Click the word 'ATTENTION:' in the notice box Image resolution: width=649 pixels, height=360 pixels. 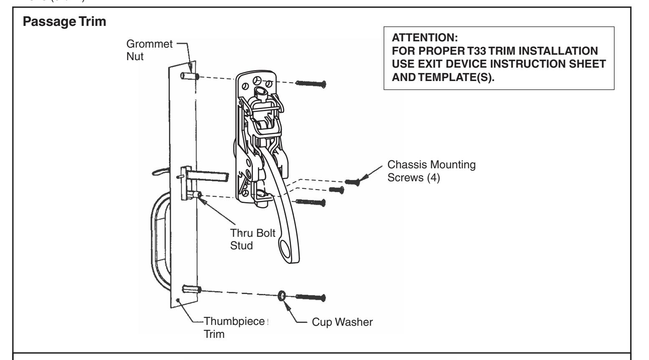419,38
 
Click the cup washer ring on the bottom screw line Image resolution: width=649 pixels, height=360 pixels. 282,297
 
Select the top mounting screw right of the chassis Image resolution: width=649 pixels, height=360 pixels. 311,84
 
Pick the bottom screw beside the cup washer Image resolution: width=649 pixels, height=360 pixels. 311,298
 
